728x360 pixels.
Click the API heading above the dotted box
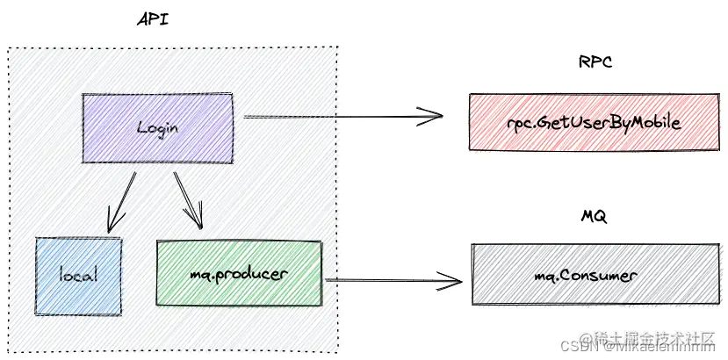point(155,19)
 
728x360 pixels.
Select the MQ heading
point(595,216)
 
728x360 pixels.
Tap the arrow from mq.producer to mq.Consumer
point(391,280)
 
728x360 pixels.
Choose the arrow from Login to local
point(121,202)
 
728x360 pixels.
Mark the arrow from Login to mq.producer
point(188,198)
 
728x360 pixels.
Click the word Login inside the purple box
point(158,127)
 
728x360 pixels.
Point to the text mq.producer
point(239,274)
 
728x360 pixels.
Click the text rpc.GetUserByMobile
point(594,123)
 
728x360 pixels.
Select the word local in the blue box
point(77,275)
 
